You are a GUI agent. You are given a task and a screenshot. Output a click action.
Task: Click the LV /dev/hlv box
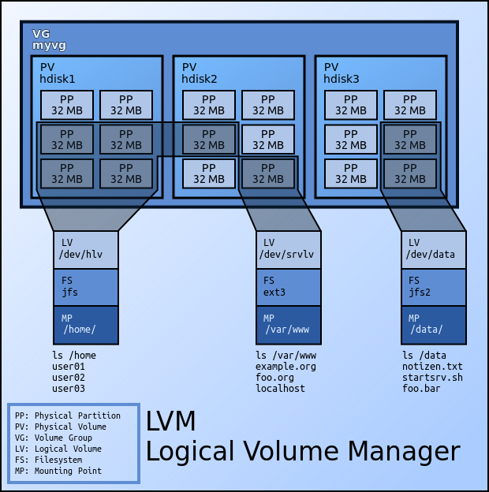point(86,249)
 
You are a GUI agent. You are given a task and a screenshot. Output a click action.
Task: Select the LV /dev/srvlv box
point(289,249)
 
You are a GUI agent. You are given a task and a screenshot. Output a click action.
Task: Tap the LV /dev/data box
point(433,249)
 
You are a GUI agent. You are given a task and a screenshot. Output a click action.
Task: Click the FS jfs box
point(86,287)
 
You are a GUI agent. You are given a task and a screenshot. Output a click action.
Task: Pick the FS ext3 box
point(289,287)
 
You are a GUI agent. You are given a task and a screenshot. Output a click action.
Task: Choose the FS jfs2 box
point(433,287)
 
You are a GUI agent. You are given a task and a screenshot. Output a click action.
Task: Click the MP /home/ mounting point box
point(86,324)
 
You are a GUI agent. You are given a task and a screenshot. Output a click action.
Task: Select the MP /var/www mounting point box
point(289,324)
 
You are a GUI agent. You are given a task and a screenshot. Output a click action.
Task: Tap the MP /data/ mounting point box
point(433,324)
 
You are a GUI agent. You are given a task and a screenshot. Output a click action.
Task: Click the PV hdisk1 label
point(58,73)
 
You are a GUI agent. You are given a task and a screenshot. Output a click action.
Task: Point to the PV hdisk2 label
point(200,73)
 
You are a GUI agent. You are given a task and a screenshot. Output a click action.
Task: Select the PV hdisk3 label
point(342,73)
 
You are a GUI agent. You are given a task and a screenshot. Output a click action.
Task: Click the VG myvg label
point(49,40)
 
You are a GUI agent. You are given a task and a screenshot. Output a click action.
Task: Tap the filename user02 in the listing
point(69,378)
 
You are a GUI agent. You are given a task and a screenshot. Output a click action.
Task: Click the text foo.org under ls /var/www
point(274,378)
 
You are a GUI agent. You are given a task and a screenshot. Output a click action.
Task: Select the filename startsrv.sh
point(432,378)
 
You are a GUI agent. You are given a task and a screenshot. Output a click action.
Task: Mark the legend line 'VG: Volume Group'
point(53,438)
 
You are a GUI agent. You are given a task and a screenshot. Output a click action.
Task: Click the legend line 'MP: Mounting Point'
point(58,471)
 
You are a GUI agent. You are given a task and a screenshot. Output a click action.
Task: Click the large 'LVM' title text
point(170,421)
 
